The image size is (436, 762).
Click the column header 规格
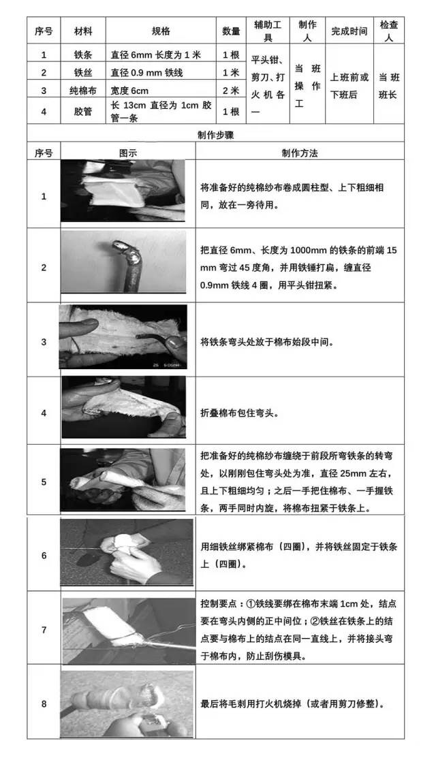[160, 31]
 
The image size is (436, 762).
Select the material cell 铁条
[83, 55]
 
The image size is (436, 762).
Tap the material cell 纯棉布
[83, 91]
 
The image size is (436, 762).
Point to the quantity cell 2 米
[231, 91]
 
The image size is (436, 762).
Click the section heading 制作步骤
[216, 135]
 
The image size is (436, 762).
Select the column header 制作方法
[300, 153]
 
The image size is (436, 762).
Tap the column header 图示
[128, 153]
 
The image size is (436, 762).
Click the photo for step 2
[123, 261]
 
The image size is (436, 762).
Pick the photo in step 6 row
[127, 552]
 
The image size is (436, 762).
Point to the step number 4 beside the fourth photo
[44, 413]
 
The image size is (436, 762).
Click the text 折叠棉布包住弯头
[239, 413]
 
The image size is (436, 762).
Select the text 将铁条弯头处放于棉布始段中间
[267, 342]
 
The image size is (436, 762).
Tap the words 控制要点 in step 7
[218, 603]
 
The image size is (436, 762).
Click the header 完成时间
[349, 31]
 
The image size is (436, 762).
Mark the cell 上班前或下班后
[349, 86]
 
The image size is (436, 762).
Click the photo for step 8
[127, 703]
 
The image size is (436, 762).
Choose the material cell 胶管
[83, 111]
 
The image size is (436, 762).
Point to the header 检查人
[389, 31]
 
